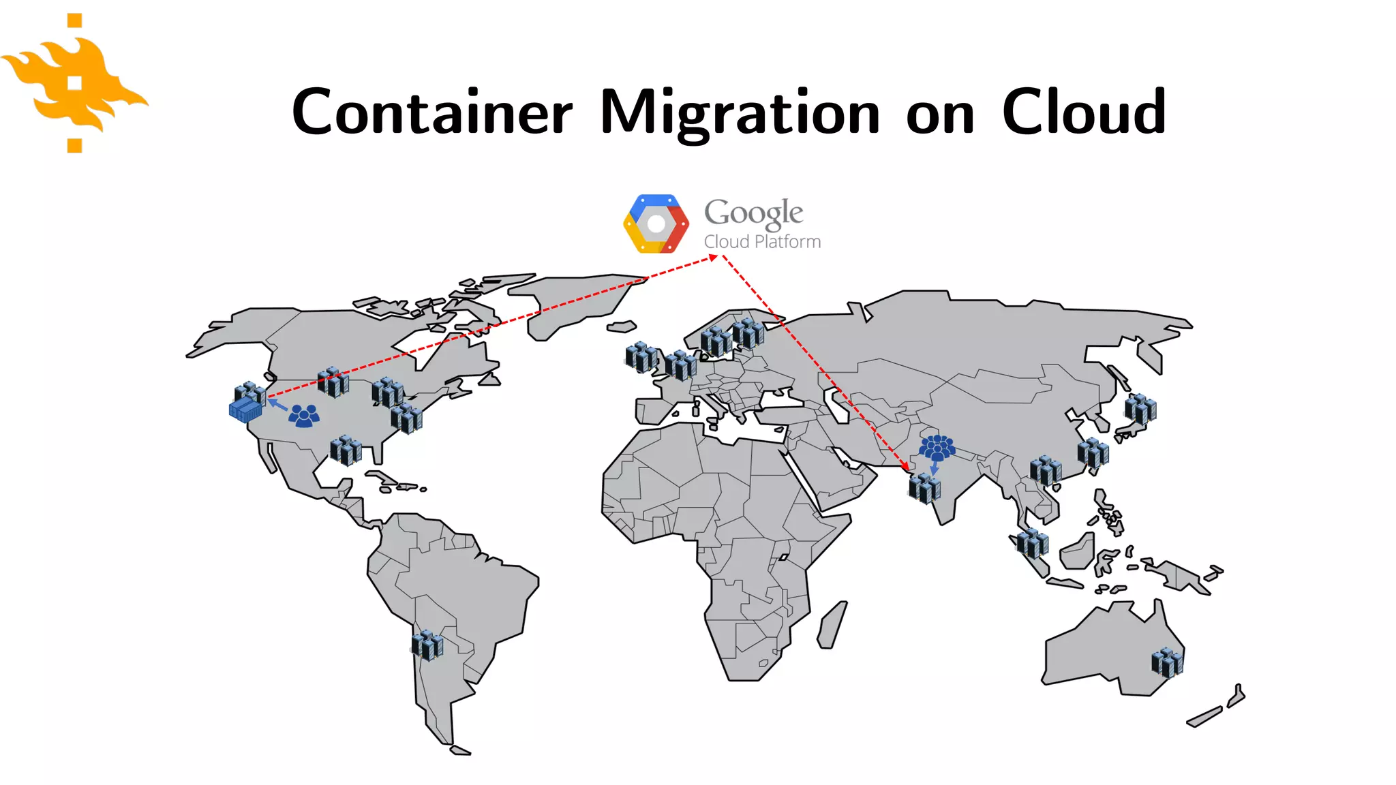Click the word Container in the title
pos(432,112)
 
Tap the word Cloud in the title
pos(1084,112)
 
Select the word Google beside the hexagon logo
pos(754,213)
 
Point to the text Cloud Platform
pos(762,242)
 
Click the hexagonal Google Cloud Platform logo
pos(656,224)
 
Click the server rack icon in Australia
pos(1167,662)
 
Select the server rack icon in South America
pos(427,644)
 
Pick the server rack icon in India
pos(925,488)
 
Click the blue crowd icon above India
pos(937,448)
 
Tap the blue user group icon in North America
pos(304,416)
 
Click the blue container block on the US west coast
pos(245,410)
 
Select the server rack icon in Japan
pos(1140,409)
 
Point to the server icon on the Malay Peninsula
pos(1032,543)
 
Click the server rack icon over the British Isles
pos(641,356)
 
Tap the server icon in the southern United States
pos(346,450)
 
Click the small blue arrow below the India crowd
pos(935,469)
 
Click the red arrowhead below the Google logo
pos(713,258)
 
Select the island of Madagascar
pos(832,625)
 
